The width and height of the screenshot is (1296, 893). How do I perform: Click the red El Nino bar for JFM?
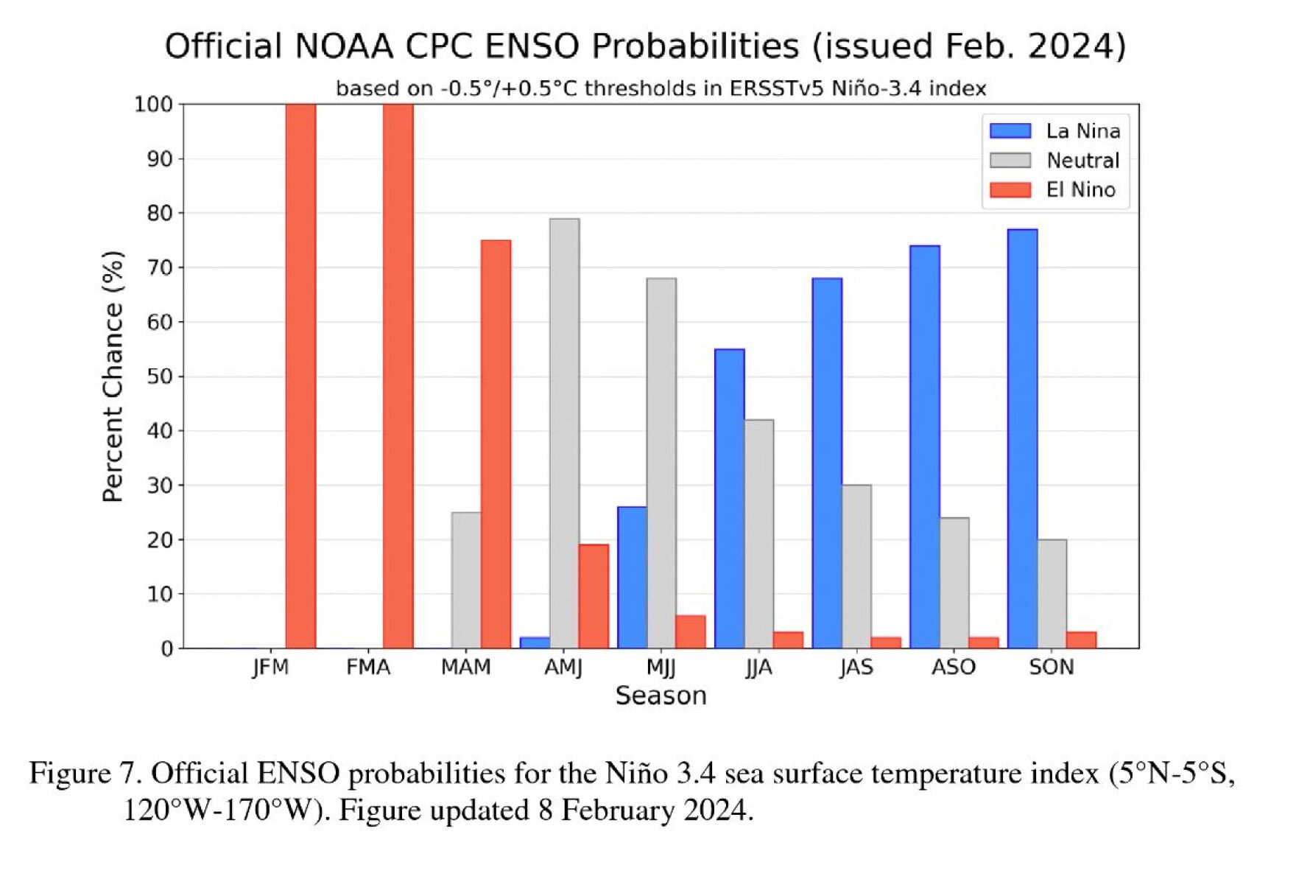[300, 376]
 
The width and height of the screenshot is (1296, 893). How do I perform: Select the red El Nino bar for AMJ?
[594, 596]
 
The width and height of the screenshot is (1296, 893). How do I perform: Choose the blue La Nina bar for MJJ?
[632, 578]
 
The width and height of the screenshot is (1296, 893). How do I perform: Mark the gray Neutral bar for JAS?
[856, 567]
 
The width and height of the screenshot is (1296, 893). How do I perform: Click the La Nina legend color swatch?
[1010, 131]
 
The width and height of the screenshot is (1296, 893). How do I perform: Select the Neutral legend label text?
[1082, 161]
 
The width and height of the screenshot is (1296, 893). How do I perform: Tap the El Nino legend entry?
[1080, 190]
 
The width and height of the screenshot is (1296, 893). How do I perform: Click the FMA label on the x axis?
[368, 668]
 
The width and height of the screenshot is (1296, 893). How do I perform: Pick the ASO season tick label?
[953, 668]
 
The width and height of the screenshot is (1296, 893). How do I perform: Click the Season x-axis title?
[661, 696]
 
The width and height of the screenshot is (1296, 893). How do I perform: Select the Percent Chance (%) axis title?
[113, 377]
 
